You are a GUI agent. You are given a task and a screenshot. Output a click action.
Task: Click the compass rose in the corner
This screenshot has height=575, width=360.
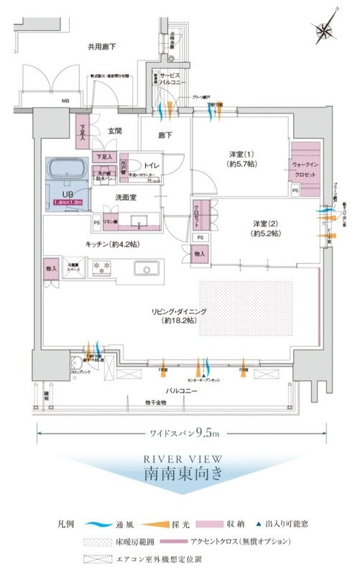pos(324,31)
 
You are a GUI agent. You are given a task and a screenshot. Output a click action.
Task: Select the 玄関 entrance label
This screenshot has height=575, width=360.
pos(116,131)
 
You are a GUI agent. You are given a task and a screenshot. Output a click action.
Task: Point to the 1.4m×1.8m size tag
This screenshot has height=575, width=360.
pos(68,203)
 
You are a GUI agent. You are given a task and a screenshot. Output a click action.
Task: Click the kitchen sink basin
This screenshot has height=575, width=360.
pos(148,270)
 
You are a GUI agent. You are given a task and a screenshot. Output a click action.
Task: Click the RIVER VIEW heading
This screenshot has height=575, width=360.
pos(180,458)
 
